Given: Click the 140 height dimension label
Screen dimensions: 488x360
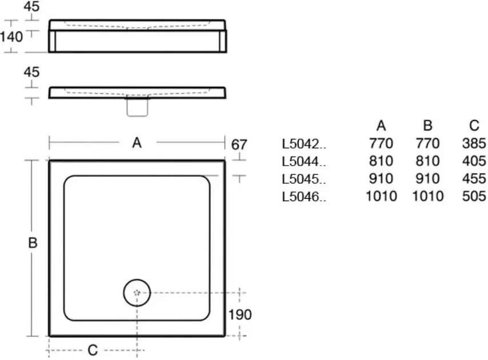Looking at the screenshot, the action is (x=11, y=37).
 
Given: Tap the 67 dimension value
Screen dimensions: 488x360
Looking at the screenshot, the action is (x=239, y=145).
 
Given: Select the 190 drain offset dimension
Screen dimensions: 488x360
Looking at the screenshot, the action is (x=240, y=315).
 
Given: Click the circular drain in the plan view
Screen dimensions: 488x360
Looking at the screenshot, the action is (x=137, y=293).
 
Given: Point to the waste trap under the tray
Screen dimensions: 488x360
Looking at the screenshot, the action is (x=137, y=107).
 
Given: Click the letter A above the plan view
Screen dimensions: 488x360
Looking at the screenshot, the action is (x=137, y=143).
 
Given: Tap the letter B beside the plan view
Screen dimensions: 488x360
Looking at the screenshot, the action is (x=33, y=243).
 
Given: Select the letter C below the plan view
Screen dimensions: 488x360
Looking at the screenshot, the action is (x=93, y=350).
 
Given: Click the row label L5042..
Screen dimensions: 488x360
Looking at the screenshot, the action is (x=304, y=144).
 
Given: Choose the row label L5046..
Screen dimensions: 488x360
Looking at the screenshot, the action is (x=304, y=197).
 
